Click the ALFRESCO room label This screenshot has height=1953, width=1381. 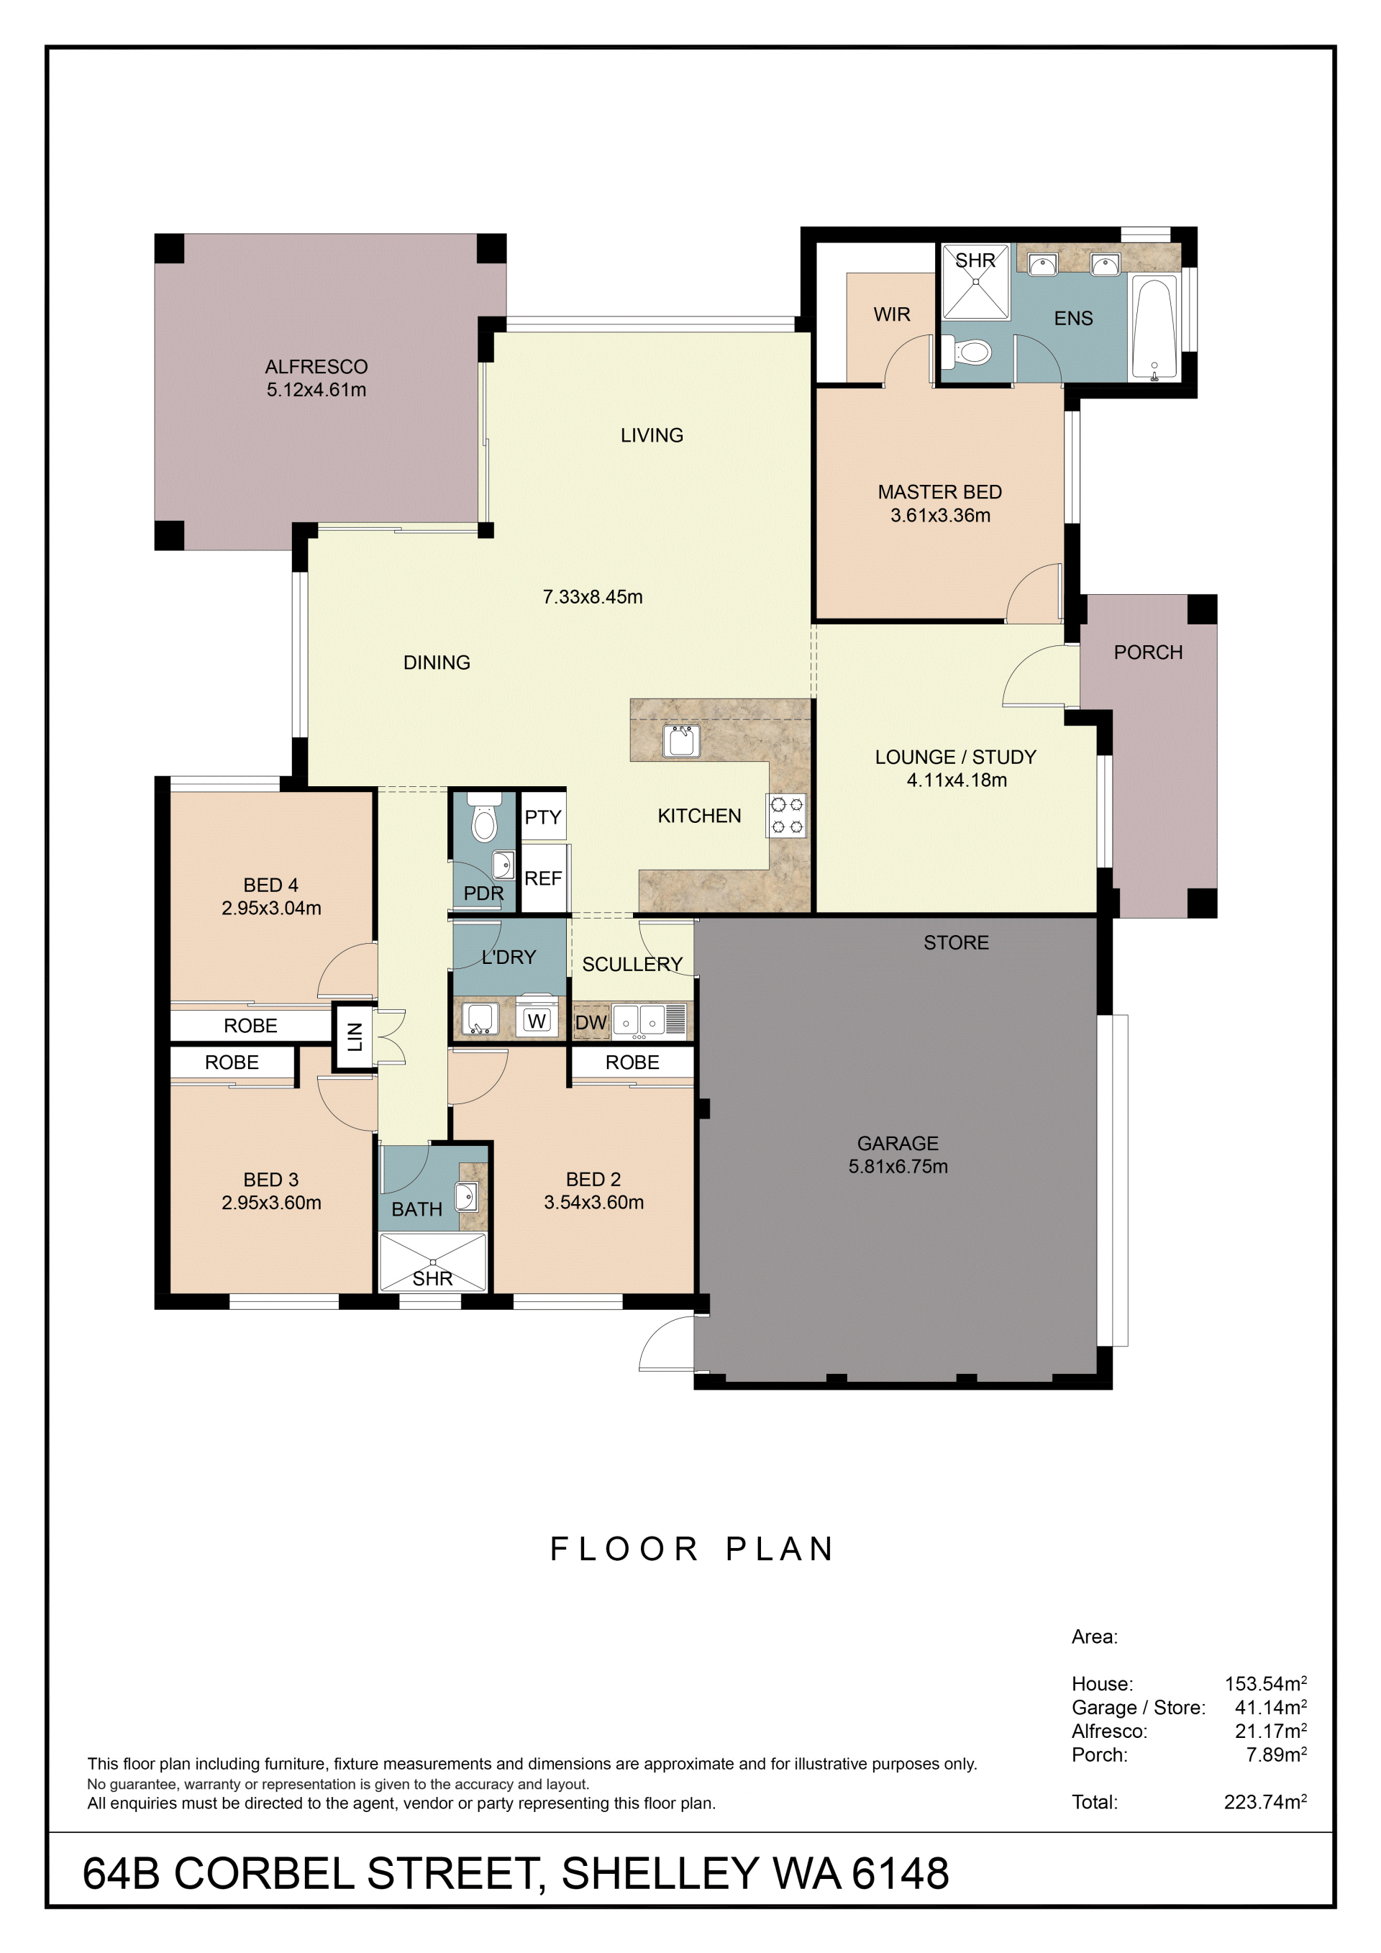coord(316,367)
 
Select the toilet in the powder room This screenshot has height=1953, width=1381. coord(483,819)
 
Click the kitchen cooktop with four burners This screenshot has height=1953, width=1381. coord(788,816)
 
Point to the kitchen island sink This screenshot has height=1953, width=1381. coord(681,740)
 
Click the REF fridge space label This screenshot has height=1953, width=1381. coord(543,878)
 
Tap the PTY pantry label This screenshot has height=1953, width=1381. coord(542,817)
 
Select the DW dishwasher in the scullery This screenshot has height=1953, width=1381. coord(591,1022)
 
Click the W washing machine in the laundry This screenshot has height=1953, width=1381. coord(537,1020)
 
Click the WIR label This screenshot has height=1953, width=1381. coord(892,315)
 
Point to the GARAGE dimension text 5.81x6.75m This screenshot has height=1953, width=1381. coord(898,1166)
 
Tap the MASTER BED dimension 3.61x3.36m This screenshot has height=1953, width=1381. coord(941,514)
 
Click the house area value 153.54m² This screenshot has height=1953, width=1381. coord(1265,1683)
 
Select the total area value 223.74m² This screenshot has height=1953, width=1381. coord(1265,1802)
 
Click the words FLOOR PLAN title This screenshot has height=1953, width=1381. coord(692,1549)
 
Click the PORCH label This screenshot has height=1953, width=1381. coord(1148,652)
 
